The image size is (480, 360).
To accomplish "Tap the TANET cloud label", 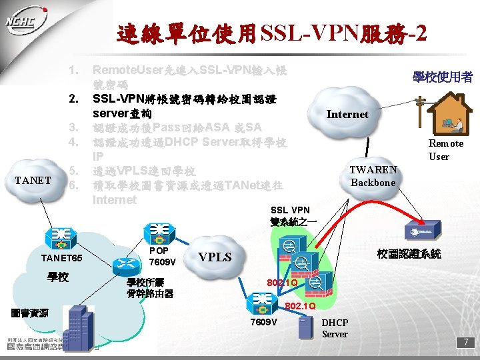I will (33, 179).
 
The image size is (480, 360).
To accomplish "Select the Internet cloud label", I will (347, 114).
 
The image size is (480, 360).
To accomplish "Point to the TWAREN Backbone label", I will (373, 176).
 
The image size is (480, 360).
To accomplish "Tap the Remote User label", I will (446, 150).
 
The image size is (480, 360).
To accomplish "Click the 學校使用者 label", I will (443, 77).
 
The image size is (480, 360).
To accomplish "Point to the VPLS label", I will (215, 257).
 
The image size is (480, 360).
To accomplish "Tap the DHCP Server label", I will (335, 328).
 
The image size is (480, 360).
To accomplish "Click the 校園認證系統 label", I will (409, 254).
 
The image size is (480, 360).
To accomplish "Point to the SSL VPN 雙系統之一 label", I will (289, 215).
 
